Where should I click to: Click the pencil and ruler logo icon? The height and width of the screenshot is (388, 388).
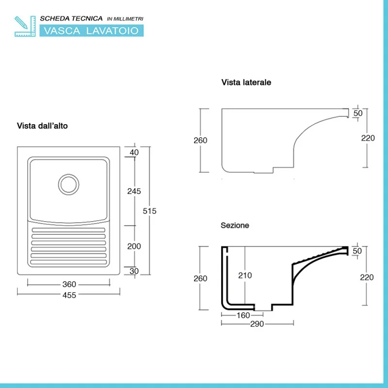[x=25, y=26]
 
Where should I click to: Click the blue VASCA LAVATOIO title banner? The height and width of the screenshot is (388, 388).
[x=91, y=31]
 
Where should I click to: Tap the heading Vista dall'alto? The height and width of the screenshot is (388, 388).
[x=42, y=126]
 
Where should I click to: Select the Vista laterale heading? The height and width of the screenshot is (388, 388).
[x=246, y=82]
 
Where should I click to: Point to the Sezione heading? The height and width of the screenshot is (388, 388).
[x=235, y=226]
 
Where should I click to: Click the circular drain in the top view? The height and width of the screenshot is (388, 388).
[x=68, y=184]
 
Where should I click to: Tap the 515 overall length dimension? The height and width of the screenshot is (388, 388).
[x=150, y=211]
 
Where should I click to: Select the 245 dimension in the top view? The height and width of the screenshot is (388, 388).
[x=134, y=191]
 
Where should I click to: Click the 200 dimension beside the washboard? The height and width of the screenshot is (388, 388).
[x=134, y=246]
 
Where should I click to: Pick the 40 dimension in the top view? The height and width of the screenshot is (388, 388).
[x=134, y=152]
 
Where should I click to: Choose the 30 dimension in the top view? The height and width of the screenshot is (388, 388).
[x=134, y=271]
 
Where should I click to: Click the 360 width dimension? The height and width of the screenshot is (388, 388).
[x=69, y=284]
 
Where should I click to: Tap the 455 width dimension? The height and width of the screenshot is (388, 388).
[x=69, y=295]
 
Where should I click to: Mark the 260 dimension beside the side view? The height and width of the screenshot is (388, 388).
[x=200, y=141]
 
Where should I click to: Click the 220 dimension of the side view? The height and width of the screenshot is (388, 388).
[x=368, y=138]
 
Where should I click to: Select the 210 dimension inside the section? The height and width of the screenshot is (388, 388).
[x=245, y=275]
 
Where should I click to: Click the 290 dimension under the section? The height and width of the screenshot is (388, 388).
[x=257, y=324]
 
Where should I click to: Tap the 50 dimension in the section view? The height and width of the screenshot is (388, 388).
[x=358, y=251]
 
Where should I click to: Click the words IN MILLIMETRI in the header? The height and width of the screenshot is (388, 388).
[x=125, y=18]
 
